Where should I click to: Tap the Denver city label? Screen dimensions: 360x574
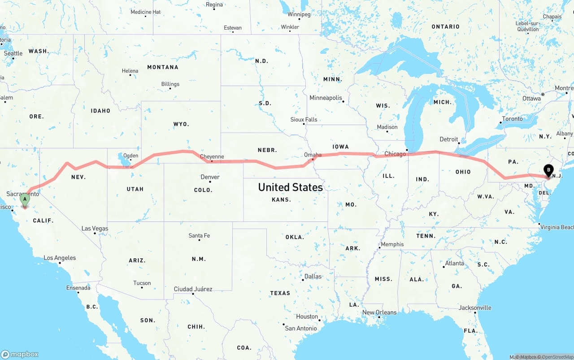coord(210,177)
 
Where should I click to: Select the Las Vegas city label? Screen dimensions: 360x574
coord(95,229)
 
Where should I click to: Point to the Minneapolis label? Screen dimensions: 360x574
coord(326,98)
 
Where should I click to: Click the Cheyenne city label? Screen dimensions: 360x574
coord(212,156)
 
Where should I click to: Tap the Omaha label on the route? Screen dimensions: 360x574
coord(313,155)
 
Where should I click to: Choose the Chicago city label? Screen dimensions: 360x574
coord(395,154)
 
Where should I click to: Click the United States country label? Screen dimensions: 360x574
coord(290,187)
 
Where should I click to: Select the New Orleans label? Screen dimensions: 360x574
coord(379,312)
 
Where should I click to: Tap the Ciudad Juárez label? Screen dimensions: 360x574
coord(193,289)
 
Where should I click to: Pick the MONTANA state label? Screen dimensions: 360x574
coord(163,67)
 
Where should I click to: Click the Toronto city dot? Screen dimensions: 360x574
coord(501,122)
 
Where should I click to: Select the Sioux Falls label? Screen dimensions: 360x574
coord(304,120)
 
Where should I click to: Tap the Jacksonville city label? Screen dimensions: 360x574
coord(475,308)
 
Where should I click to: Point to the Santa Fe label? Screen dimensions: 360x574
coord(199,235)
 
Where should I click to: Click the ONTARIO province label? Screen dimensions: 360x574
coord(445,27)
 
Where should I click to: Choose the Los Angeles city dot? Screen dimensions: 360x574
coord(60,263)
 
